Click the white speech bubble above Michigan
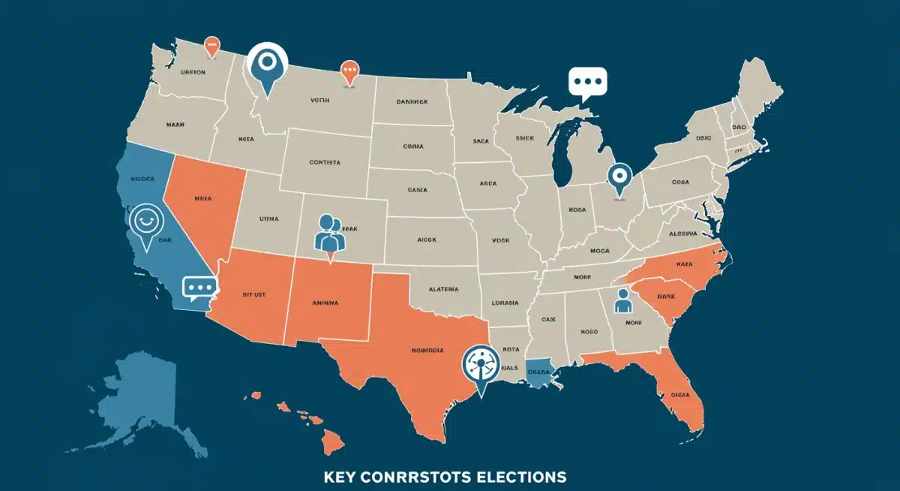point(587,83)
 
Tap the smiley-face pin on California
point(144,222)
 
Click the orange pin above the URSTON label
point(212,46)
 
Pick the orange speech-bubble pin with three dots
point(349,71)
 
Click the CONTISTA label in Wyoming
point(325,161)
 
